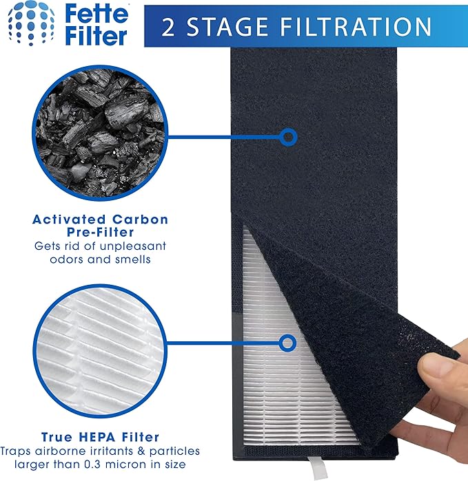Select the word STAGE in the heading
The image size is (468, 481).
point(229,26)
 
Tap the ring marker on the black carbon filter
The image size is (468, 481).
point(288,137)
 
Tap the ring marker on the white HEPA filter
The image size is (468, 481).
point(288,341)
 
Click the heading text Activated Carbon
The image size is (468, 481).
point(100,220)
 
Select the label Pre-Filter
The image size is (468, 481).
point(100,233)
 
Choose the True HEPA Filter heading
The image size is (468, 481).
point(100,436)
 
